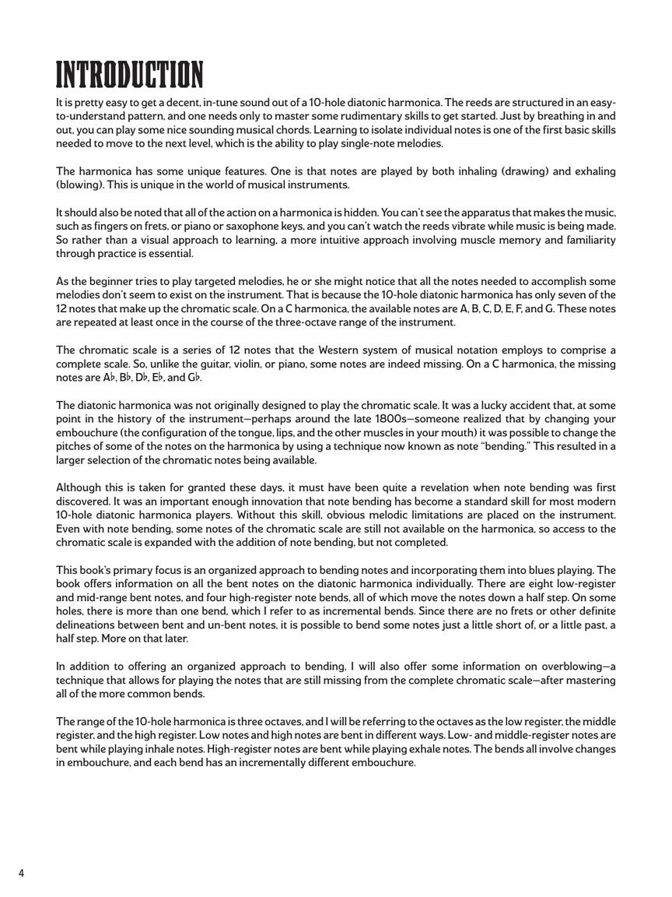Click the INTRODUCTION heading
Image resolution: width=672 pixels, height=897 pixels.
point(129,76)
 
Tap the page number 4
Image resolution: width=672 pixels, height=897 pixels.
point(21,873)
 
